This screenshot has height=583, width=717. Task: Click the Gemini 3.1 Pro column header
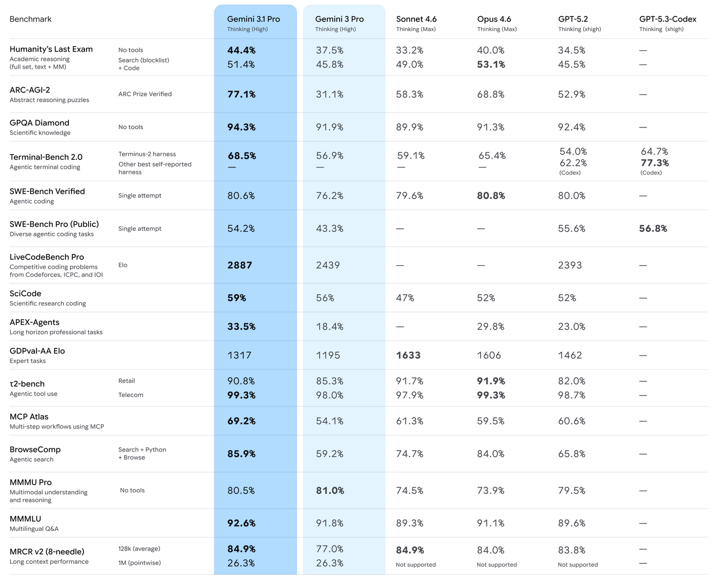coord(253,19)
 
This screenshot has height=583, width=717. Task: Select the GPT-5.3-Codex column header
coord(667,19)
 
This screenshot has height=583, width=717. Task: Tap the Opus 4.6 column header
coord(494,19)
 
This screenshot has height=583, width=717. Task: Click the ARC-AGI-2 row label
coord(30,90)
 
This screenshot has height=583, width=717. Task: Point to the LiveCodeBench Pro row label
coord(47,257)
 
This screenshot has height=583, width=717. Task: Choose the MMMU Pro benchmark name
coord(31,482)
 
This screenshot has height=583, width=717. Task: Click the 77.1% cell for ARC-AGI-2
coord(241,94)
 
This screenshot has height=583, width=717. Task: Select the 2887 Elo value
coord(240,265)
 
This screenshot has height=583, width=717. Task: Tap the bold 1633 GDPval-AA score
coord(408,355)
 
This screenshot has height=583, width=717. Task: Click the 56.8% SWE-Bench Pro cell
coord(653,229)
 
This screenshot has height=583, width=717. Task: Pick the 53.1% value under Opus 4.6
coord(491,64)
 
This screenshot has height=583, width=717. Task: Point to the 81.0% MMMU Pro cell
coord(330,491)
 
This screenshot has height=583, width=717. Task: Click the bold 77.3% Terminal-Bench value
coord(654,163)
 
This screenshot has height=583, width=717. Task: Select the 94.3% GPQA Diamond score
coord(241,127)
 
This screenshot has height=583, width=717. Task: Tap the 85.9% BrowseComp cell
coord(241,454)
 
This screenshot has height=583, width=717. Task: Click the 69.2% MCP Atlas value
coord(241,421)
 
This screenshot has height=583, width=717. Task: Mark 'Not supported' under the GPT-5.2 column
coord(578,565)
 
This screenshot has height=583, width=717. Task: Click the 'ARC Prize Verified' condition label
coord(145,94)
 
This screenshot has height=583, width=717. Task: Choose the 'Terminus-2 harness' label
coord(147,154)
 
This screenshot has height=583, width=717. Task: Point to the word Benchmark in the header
coord(31,19)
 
